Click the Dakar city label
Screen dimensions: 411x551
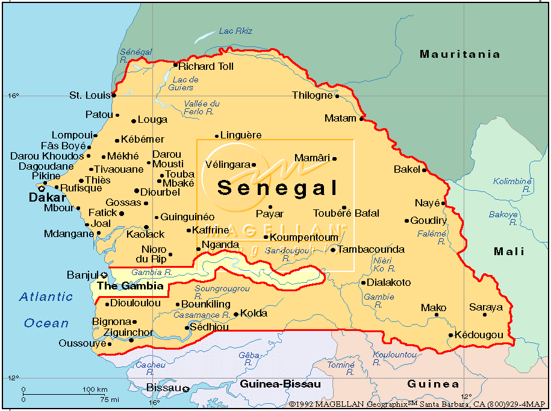tap(48, 197)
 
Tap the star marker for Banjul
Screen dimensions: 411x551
tap(104, 275)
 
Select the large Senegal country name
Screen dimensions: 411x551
tap(278, 188)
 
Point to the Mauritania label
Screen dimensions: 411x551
tap(459, 54)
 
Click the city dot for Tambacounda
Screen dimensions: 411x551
tap(332, 250)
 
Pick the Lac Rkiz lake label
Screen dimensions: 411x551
tap(235, 31)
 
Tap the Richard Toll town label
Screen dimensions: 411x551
tap(206, 66)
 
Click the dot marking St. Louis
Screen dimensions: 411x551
tap(113, 95)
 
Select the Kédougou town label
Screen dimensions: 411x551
tap(479, 335)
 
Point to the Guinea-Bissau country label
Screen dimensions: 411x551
tap(280, 384)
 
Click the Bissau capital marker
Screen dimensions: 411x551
tap(186, 389)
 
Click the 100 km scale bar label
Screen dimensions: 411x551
tap(95, 390)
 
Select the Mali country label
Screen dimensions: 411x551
tap(509, 252)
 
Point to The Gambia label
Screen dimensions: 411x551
tap(130, 286)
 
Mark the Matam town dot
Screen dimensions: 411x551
tap(361, 119)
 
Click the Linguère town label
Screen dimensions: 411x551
tap(241, 135)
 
